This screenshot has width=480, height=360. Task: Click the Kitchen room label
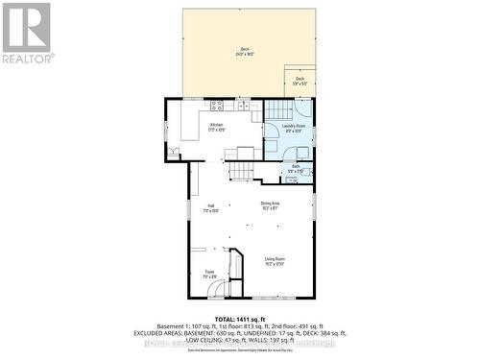(x=216, y=127)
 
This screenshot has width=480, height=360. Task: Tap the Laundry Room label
(x=294, y=127)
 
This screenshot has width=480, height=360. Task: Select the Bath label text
(x=296, y=169)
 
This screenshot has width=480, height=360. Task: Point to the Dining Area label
(x=270, y=204)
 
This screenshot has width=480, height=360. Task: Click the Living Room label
(x=275, y=260)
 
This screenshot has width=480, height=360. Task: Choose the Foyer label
(x=208, y=275)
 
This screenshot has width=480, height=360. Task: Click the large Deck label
(x=245, y=52)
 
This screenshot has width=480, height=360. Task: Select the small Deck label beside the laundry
(x=300, y=81)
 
